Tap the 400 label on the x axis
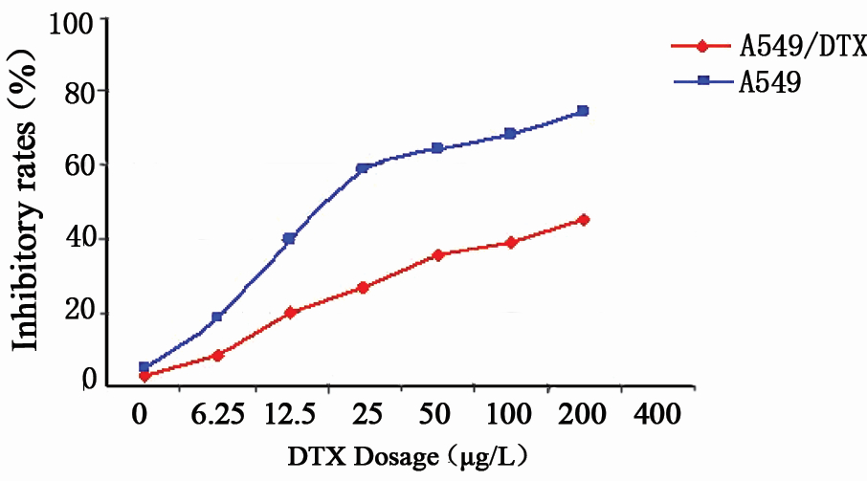coord(656,415)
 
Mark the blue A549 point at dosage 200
coord(583,111)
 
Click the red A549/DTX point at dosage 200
coord(583,220)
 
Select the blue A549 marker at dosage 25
coord(363,168)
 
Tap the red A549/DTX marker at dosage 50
coord(436,255)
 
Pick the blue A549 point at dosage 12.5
coord(289,239)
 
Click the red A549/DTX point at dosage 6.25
coord(217,355)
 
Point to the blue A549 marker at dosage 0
coord(144,367)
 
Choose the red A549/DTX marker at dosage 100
coord(511,243)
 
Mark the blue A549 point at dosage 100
coord(510,134)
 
